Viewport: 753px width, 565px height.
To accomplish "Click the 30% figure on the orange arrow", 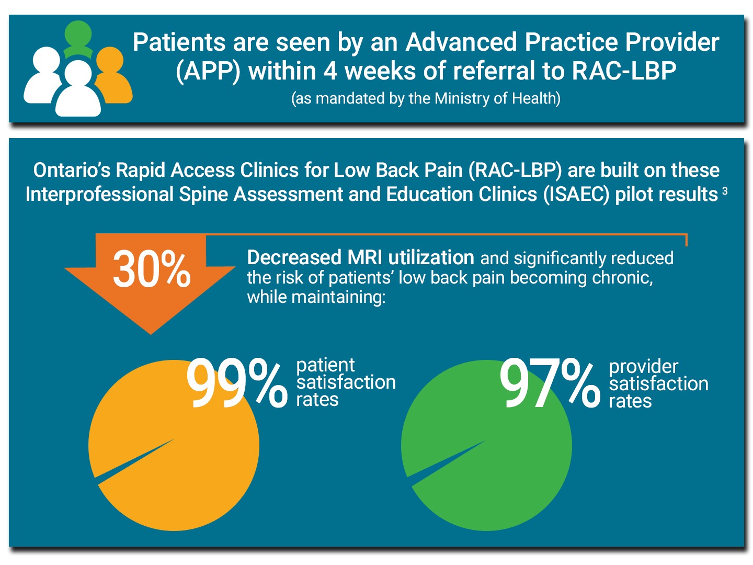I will [152, 269].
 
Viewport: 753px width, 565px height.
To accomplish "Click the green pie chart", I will [486, 460].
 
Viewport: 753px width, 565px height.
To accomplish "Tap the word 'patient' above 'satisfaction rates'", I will [325, 365].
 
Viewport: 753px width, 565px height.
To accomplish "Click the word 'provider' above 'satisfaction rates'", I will [643, 366].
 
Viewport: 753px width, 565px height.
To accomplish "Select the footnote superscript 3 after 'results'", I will [725, 191].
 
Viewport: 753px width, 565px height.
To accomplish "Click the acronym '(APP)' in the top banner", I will [208, 71].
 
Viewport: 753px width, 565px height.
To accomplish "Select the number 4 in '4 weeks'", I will [330, 71].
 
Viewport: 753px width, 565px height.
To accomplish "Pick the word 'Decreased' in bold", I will [294, 257].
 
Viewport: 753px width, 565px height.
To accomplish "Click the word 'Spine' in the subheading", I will [202, 194].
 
